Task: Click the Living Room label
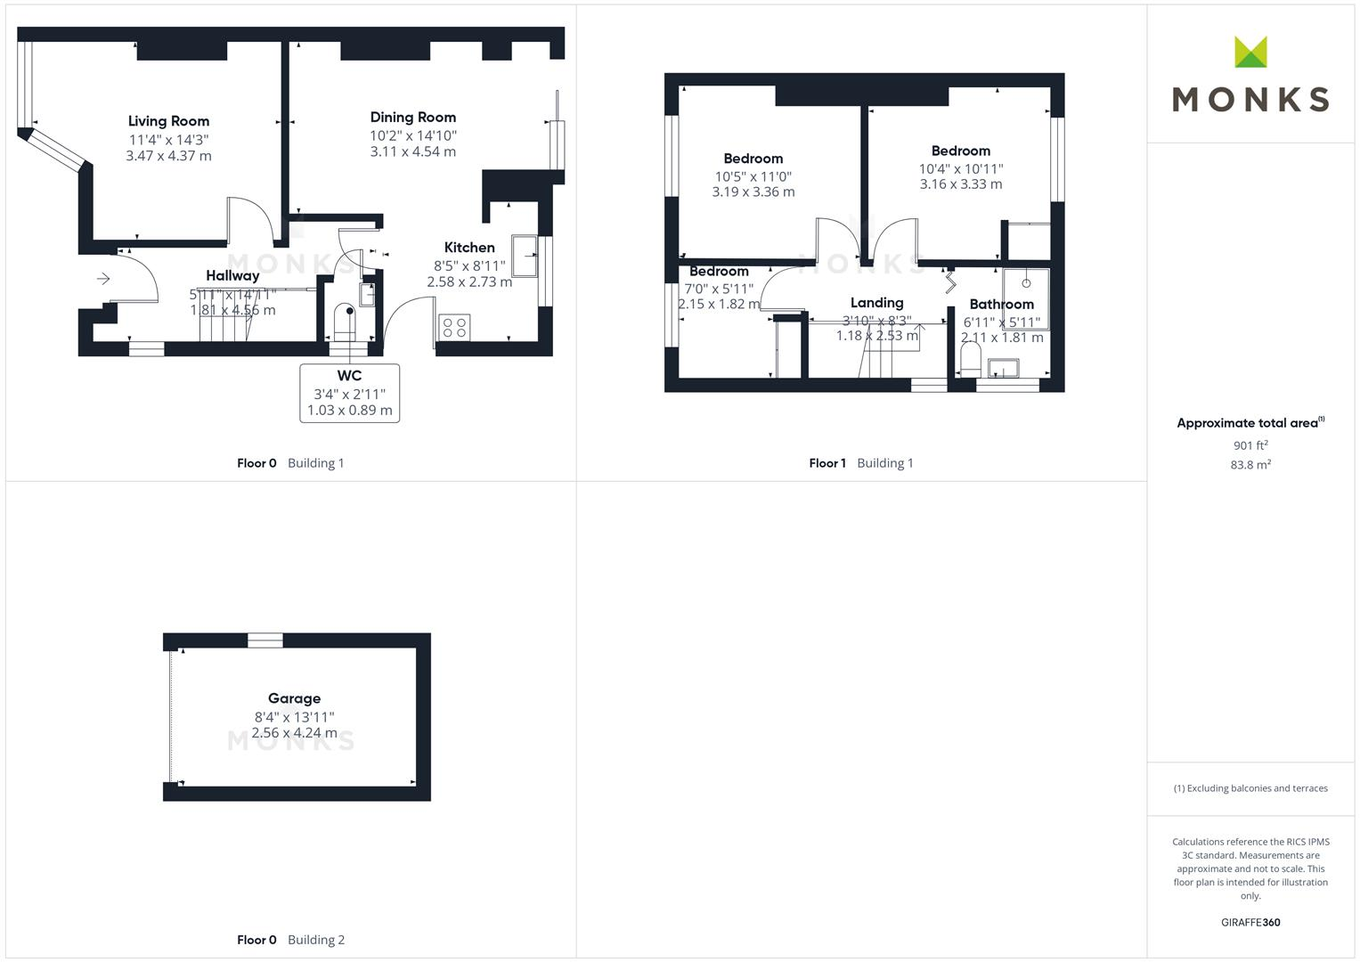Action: (x=168, y=121)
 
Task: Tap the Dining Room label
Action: (x=412, y=117)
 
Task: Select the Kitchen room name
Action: (x=469, y=248)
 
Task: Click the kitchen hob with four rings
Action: (x=454, y=327)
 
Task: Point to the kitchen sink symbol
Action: (x=525, y=257)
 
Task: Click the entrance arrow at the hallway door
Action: (x=103, y=279)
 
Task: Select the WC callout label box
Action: (x=349, y=393)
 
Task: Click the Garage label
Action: (x=294, y=698)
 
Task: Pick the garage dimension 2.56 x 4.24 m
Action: (x=294, y=733)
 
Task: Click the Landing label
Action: (x=876, y=303)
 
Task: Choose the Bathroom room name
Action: (x=1001, y=304)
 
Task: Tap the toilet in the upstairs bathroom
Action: (x=970, y=360)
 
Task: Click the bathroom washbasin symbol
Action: (x=1004, y=368)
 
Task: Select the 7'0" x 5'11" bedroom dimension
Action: (x=719, y=289)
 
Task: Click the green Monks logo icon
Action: (x=1250, y=53)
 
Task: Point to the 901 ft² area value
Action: (x=1250, y=445)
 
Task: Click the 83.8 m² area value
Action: (x=1250, y=465)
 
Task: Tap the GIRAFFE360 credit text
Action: (x=1250, y=923)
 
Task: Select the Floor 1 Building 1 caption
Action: (x=860, y=463)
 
